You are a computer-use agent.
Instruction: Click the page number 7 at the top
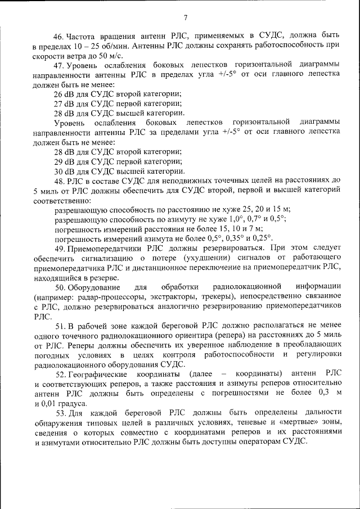(x=185, y=18)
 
